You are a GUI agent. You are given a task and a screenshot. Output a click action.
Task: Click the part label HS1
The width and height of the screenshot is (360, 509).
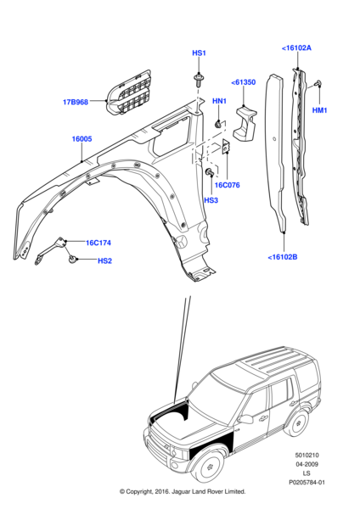[x=199, y=53]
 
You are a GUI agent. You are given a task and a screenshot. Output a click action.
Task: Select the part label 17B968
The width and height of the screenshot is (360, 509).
[x=76, y=103]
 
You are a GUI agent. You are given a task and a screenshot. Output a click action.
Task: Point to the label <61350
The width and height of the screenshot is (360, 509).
[x=244, y=82]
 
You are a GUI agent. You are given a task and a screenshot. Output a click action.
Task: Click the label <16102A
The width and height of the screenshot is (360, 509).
[x=296, y=48]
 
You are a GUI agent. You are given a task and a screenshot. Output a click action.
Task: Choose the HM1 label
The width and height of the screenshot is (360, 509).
[x=320, y=110]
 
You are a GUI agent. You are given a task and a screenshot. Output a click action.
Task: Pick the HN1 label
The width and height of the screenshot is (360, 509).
[x=219, y=102]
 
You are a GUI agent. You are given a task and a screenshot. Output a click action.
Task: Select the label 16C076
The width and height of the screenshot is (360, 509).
[x=227, y=183]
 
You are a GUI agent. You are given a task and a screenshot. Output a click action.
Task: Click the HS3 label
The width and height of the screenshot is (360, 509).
[x=211, y=200]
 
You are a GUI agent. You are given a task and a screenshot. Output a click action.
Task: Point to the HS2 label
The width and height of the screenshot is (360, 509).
[x=104, y=260]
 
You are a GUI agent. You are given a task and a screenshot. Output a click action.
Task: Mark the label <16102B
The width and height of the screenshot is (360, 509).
[x=283, y=257]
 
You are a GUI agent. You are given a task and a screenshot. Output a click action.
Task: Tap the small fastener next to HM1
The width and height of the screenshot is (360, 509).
[x=316, y=83]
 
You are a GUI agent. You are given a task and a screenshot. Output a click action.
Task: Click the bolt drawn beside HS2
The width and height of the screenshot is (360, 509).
[x=74, y=258]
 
